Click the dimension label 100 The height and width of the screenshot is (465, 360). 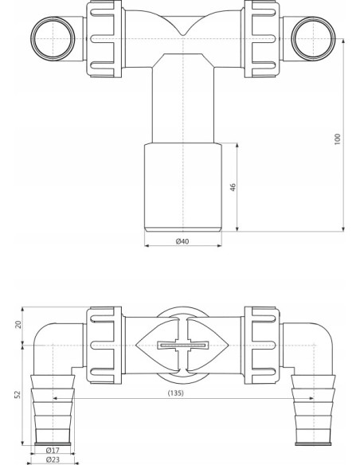[x=338, y=139]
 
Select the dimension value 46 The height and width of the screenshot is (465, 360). [x=232, y=188]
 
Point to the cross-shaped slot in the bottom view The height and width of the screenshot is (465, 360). [x=183, y=346]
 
